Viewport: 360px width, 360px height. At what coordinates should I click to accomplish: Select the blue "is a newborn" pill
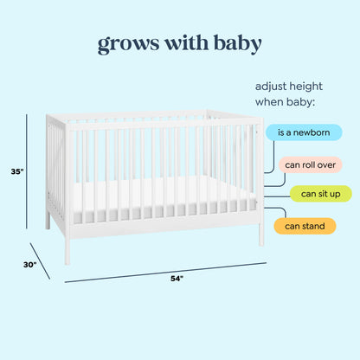coord(304,132)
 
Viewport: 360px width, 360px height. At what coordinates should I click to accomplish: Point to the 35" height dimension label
coord(17,172)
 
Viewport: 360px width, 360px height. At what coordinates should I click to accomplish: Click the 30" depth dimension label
coord(29,265)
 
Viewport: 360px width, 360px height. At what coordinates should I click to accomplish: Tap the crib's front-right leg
coord(260,234)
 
